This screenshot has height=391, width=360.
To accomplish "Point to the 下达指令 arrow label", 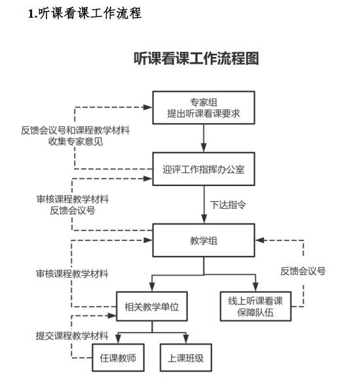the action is pyautogui.click(x=228, y=205).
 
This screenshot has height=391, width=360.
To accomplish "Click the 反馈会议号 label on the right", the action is pyautogui.click(x=303, y=271).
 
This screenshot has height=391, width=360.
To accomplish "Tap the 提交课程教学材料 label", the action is pyautogui.click(x=72, y=335).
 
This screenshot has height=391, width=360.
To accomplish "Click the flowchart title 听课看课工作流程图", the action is pyautogui.click(x=196, y=58).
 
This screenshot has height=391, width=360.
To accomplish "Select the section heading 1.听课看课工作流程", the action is pyautogui.click(x=84, y=13).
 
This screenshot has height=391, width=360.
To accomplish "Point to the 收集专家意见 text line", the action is pyautogui.click(x=75, y=141).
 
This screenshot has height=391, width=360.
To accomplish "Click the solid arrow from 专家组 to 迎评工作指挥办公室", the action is pyautogui.click(x=204, y=138).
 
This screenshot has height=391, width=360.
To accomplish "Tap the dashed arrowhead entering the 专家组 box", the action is pyautogui.click(x=147, y=107).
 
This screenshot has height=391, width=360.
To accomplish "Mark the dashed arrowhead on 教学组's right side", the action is pyautogui.click(x=260, y=240).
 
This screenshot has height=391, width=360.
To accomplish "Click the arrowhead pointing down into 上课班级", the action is pyautogui.click(x=186, y=339).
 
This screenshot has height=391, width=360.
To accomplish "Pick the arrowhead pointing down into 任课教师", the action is pyautogui.click(x=118, y=339).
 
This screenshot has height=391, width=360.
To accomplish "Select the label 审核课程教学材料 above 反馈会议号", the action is pyautogui.click(x=73, y=199).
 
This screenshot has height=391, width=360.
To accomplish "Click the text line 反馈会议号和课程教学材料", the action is pyautogui.click(x=75, y=130).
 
